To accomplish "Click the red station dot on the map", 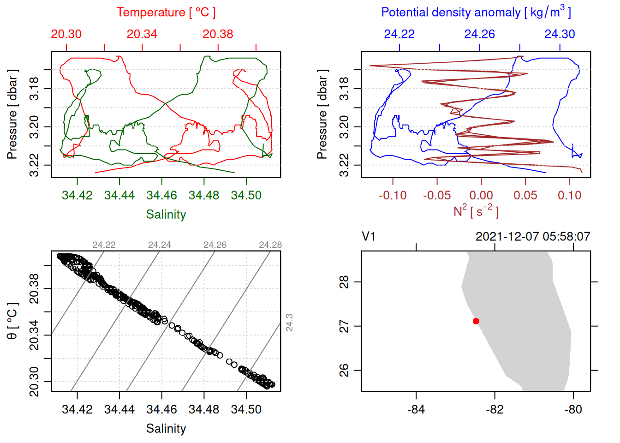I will pyautogui.click(x=476, y=321).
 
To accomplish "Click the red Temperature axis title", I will pyautogui.click(x=166, y=12).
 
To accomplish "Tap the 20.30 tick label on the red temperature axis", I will pyautogui.click(x=66, y=34).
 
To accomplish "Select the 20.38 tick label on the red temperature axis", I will pyautogui.click(x=218, y=34).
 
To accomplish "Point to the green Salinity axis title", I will pyautogui.click(x=166, y=215).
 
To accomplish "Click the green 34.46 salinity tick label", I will pyautogui.click(x=161, y=195).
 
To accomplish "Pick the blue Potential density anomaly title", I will pyautogui.click(x=476, y=12).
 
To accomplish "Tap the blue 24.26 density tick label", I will pyautogui.click(x=479, y=34).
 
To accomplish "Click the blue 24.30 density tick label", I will pyautogui.click(x=560, y=34).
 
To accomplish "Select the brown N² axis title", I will pyautogui.click(x=476, y=211).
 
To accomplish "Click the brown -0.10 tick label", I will pyautogui.click(x=393, y=195).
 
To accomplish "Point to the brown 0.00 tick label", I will pyautogui.click(x=481, y=195).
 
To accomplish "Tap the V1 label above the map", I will pyautogui.click(x=369, y=237).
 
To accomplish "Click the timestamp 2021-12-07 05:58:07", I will pyautogui.click(x=533, y=237).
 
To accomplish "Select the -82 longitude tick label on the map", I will pyautogui.click(x=495, y=409).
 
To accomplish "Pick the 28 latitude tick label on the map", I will pyautogui.click(x=344, y=281).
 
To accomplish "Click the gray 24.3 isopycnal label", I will pyautogui.click(x=289, y=323).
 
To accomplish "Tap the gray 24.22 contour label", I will pyautogui.click(x=104, y=245).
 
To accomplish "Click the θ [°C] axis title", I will pyautogui.click(x=12, y=321).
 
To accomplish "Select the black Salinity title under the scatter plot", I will pyautogui.click(x=166, y=429).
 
